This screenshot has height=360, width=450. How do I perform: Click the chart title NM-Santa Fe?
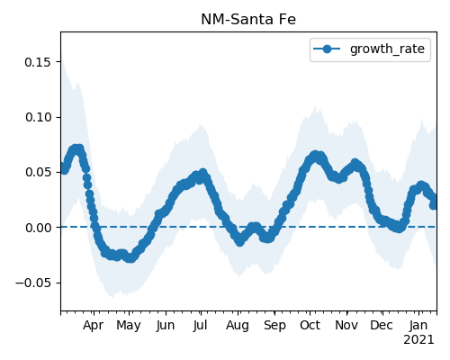248,20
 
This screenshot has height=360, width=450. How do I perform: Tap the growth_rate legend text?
387,49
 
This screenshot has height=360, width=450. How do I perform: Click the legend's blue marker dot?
327,49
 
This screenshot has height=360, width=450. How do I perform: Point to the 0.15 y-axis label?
39,62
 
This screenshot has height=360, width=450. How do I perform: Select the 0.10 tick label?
39,117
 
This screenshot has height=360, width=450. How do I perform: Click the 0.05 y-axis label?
39,173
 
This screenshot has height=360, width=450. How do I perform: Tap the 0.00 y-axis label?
39,228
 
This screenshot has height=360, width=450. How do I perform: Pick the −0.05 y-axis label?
33,283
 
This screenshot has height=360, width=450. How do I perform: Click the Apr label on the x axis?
94,325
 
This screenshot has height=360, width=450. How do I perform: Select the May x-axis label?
129,326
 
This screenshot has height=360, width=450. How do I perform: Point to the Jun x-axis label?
166,325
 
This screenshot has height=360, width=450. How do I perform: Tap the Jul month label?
201,325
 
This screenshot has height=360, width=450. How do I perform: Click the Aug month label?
238,326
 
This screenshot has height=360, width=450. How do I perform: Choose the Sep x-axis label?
274,326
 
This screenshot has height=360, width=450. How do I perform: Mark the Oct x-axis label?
310,325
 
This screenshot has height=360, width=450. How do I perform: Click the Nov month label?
346,325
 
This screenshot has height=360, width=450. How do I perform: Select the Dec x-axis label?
382,325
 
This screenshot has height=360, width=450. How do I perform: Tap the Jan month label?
418,325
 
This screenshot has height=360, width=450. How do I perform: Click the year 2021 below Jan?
418,340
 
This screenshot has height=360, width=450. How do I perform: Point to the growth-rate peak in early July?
203,173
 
